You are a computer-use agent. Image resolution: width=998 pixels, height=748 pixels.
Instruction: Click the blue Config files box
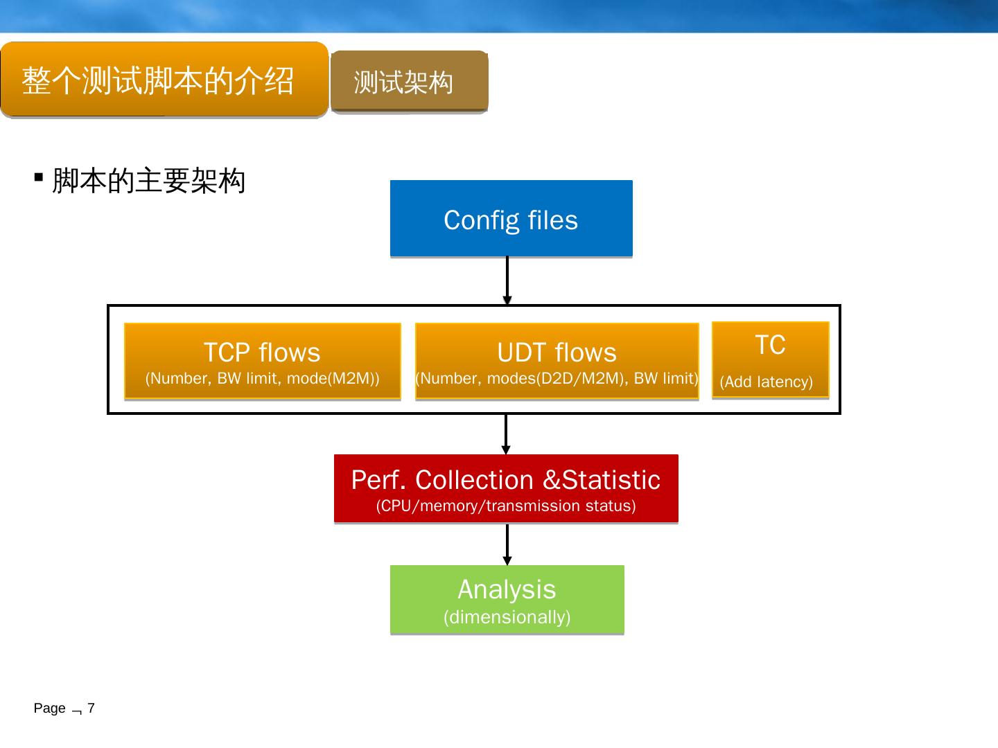pos(511,218)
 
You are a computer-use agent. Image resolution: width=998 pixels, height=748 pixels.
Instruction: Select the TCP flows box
pos(263,361)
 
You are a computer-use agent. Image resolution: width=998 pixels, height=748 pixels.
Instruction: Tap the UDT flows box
pos(557,361)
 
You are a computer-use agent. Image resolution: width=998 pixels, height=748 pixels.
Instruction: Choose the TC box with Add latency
pos(770,360)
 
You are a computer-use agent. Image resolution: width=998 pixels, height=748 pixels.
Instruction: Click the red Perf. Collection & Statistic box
pos(506,489)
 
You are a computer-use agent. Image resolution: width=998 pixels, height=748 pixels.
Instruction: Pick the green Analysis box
pos(507,600)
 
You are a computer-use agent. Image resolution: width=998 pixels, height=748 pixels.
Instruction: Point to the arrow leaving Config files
pos(507,280)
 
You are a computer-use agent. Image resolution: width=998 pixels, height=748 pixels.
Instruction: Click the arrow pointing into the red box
pos(506,434)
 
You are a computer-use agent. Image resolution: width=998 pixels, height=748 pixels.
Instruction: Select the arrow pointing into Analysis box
pos(507,544)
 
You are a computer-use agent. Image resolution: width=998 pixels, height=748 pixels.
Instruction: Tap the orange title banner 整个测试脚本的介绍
pos(164,80)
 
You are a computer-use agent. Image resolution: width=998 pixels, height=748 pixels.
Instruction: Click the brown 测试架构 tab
pos(409,81)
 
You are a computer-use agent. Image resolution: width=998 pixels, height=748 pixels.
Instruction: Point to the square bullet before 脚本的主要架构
pos(39,177)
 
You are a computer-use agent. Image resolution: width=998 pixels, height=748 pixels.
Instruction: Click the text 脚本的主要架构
pos(149,181)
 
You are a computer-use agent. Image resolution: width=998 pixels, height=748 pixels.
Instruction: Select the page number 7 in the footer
pos(91,708)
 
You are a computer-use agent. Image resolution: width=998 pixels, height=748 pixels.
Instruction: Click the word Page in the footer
pos(50,709)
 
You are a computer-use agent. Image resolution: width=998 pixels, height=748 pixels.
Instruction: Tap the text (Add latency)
pos(766,382)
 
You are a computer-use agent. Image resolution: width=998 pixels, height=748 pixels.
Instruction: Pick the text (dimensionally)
pos(507,617)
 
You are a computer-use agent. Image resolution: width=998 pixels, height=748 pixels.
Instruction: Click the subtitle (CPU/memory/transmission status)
pos(506,506)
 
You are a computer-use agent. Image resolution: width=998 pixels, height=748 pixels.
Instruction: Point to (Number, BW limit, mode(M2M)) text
pos(263,378)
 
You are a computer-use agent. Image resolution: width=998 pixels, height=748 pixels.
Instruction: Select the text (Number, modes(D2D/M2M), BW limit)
pos(557,378)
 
